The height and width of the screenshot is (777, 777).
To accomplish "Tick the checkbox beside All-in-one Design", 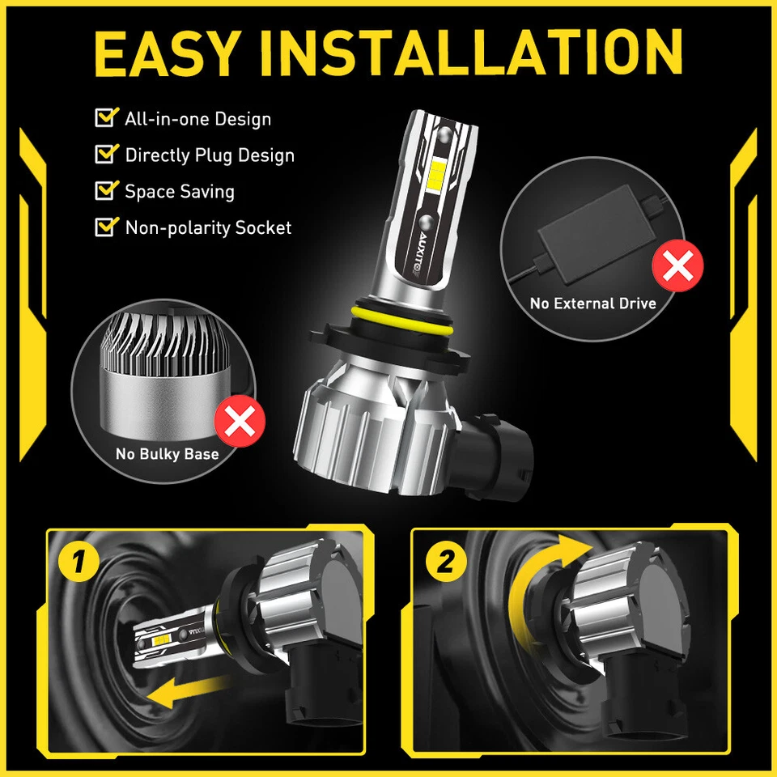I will pos(105,118).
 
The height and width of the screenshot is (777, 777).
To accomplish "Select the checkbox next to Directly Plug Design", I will pos(105,154).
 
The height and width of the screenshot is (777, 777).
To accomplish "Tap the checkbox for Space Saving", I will pos(105,190).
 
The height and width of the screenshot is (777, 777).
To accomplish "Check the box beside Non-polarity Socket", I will pos(105,227).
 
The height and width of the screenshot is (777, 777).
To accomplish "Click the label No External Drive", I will pos(592,304).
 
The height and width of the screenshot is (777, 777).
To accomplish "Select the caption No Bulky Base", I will pos(167,454).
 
